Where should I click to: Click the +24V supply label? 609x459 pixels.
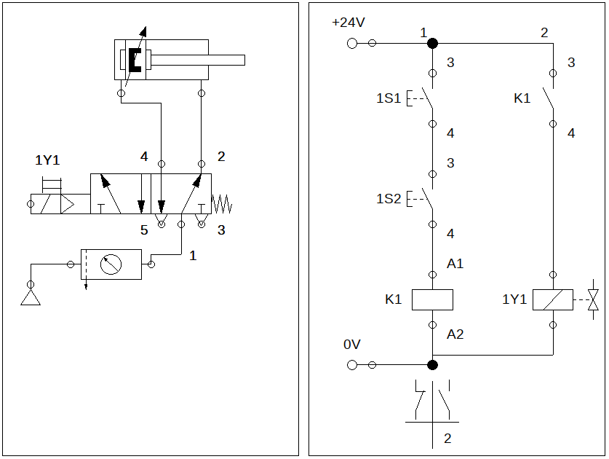349,23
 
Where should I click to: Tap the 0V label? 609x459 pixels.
352,344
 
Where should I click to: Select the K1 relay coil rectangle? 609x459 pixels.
432,299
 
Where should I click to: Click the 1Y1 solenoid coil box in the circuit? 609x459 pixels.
553,299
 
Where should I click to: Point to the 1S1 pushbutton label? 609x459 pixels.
389,98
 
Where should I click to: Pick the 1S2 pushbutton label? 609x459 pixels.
389,199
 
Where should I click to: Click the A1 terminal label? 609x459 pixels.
455,264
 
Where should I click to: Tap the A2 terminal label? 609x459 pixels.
455,334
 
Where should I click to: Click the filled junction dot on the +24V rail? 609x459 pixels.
432,43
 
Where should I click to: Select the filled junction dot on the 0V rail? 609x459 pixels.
432,365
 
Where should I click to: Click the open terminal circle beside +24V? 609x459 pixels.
352,43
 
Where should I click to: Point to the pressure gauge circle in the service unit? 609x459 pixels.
111,264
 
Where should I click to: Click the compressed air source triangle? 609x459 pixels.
31,299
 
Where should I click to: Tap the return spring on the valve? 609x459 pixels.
222,204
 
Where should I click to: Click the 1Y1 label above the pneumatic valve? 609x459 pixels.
47,160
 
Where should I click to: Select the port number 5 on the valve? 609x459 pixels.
144,230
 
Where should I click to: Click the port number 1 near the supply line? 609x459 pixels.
193,256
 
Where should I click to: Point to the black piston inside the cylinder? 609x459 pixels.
135,60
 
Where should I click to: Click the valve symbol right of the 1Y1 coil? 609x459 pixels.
593,299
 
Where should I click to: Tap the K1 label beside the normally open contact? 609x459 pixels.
522,98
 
